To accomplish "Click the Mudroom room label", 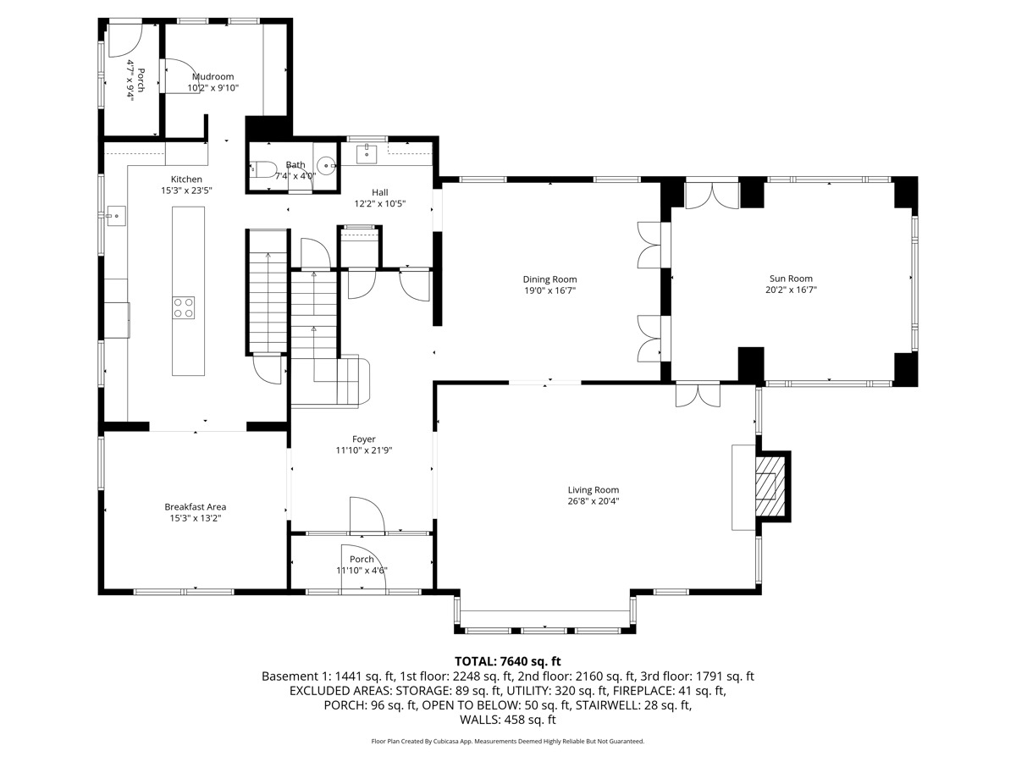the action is pos(213,77).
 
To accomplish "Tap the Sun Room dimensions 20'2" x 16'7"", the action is pos(791,290).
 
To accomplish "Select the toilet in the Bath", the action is pos(263,168).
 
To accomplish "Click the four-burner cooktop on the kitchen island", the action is pos(183,308).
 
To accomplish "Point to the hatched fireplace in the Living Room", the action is pos(770,486).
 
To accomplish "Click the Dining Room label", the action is pos(549,279).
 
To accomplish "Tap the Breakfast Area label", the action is pos(196,507).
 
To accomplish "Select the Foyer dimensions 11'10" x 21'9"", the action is pos(364,450).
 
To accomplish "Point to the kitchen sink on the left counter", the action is pos(116,216).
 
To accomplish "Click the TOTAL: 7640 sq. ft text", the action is pos(508,661).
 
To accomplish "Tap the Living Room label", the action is pos(593,490).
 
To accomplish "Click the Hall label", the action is pos(380,192).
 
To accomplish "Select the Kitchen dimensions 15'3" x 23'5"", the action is pos(186,190).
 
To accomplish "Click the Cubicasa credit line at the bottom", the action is pos(508,741).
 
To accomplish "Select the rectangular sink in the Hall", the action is pos(367,154).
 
